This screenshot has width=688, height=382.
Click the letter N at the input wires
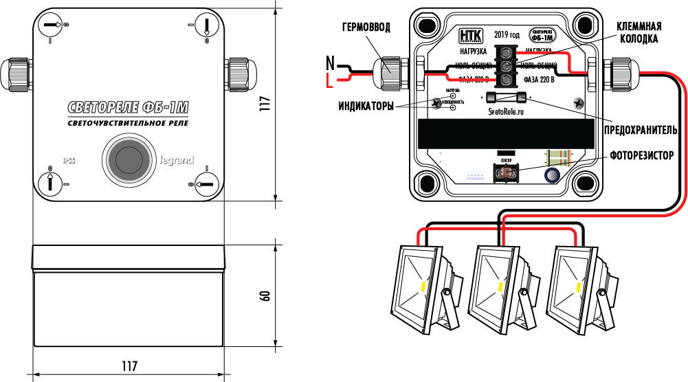(x=330, y=65)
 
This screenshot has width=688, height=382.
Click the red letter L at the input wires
(x=330, y=82)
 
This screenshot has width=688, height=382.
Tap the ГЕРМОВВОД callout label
(x=366, y=27)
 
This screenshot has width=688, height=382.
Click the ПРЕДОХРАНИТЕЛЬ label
(x=640, y=129)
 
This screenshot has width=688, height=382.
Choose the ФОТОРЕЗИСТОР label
(x=641, y=155)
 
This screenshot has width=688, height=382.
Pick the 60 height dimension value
(x=265, y=295)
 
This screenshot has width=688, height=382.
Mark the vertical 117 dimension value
(x=265, y=103)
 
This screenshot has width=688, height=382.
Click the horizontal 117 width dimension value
(x=128, y=366)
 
